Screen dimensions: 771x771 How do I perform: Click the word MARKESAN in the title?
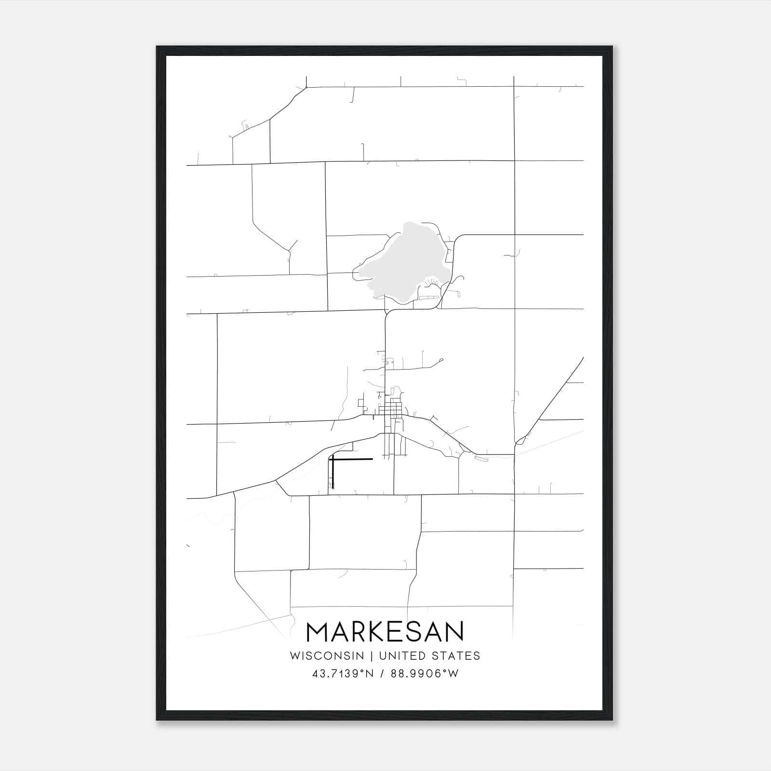[x=385, y=632]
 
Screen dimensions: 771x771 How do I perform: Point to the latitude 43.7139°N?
[x=343, y=674]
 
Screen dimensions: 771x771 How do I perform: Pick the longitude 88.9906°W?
[x=425, y=674]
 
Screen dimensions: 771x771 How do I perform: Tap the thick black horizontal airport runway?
[x=352, y=459]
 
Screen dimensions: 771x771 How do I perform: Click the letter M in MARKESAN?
[x=318, y=632]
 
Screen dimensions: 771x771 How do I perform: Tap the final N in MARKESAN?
[x=453, y=632]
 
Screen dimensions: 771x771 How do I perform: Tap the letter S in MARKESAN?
[x=412, y=632]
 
